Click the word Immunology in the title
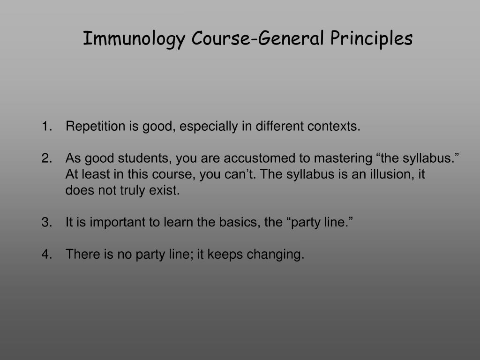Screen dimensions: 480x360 pyautogui.click(x=134, y=39)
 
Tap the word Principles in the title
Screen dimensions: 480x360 pyautogui.click(x=371, y=38)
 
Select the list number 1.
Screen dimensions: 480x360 pyautogui.click(x=46, y=126)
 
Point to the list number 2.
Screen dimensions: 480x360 pyautogui.click(x=46, y=158)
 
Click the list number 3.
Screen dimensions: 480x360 pyautogui.click(x=46, y=222)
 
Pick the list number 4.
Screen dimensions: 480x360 pyautogui.click(x=46, y=254)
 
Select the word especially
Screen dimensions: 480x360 pyautogui.click(x=209, y=127)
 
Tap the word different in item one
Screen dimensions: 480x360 pyautogui.click(x=279, y=126)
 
